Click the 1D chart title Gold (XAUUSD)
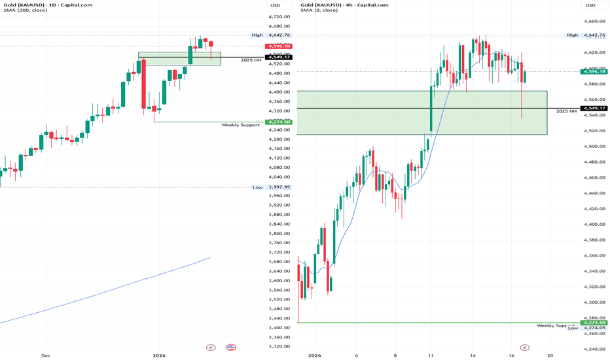pos(26,5)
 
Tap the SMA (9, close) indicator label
pos(321,13)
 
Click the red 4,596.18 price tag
pos(278,46)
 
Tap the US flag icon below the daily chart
pos(230,347)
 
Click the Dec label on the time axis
pos(46,355)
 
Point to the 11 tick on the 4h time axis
pos(431,355)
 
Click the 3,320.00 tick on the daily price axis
pos(279,347)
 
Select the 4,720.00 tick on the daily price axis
pos(279,16)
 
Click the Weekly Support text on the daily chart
pos(240,125)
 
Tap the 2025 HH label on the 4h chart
pos(566,112)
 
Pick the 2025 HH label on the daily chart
pos(251,61)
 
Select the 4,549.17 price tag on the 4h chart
pos(594,109)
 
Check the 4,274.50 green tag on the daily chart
pos(278,122)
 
